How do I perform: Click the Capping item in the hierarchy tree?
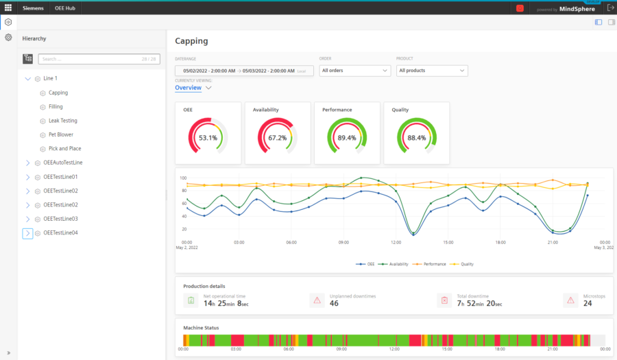pos(58,93)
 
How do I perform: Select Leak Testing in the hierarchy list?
pos(62,121)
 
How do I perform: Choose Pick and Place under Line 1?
pos(64,148)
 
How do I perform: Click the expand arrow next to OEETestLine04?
pos(27,233)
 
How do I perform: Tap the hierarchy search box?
pos(99,59)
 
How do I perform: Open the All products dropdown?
pos(431,71)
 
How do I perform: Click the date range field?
pos(244,71)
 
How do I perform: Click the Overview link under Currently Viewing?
pos(188,88)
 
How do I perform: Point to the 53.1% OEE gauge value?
pos(208,138)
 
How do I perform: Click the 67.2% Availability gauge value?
pos(277,138)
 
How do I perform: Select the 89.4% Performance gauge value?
pos(347,138)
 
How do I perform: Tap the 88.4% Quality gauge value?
pos(416,138)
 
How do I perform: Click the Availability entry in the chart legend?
pos(398,264)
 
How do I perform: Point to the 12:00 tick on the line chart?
pos(396,242)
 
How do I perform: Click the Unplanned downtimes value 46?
pos(334,303)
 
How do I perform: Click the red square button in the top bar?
pos(520,8)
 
